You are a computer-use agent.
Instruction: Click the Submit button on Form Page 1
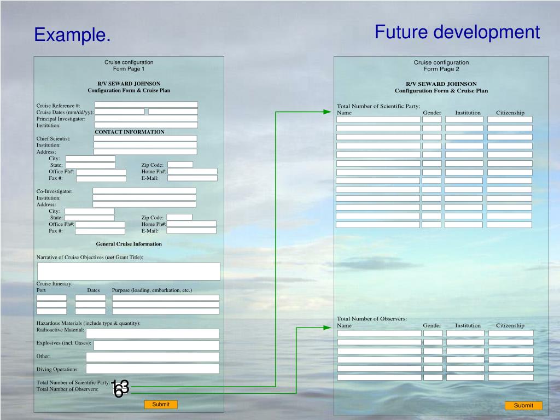[161, 405]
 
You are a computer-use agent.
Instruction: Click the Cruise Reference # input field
[146, 104]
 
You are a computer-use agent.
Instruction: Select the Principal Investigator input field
[146, 118]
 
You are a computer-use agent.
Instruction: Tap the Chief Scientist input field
[145, 138]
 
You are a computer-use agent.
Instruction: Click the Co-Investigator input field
[144, 191]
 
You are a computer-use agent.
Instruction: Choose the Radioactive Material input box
[152, 334]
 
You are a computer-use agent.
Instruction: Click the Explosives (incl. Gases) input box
[156, 345]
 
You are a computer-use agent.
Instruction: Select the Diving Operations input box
[152, 369]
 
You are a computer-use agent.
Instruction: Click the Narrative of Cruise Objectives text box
[129, 271]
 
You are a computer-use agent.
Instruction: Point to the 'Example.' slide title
[72, 36]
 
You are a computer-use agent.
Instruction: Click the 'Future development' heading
[457, 32]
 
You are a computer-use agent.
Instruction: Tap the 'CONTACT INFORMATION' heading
[130, 132]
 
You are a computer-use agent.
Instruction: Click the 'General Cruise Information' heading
[129, 244]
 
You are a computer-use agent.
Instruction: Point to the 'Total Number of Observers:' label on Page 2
[372, 319]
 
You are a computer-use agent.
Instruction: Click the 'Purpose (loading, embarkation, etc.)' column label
[152, 290]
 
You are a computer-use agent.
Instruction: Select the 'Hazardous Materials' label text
[88, 323]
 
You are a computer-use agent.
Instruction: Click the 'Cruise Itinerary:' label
[55, 283]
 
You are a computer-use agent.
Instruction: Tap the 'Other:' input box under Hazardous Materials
[152, 357]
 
